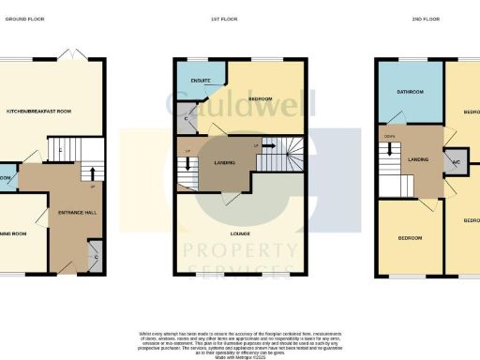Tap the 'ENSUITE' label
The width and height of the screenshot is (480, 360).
[200, 81]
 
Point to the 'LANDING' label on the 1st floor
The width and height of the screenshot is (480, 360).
[225, 163]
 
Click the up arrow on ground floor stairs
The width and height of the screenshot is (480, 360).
[92, 172]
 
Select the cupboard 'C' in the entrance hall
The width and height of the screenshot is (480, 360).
[94, 254]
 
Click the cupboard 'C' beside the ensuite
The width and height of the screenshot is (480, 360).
[187, 118]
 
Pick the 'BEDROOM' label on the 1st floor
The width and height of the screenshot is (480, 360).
[260, 99]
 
